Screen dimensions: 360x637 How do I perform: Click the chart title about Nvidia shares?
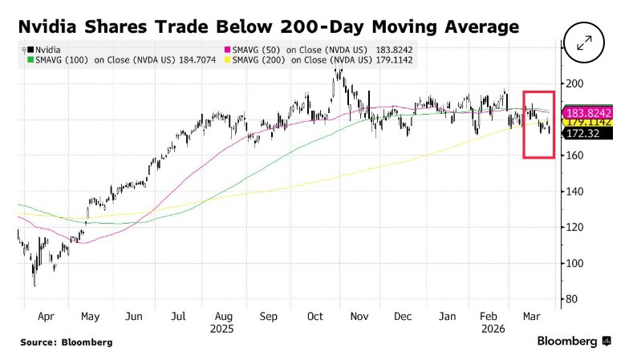268,28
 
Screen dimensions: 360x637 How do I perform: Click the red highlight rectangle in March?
538,124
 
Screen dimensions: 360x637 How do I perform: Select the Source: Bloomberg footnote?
67,342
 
